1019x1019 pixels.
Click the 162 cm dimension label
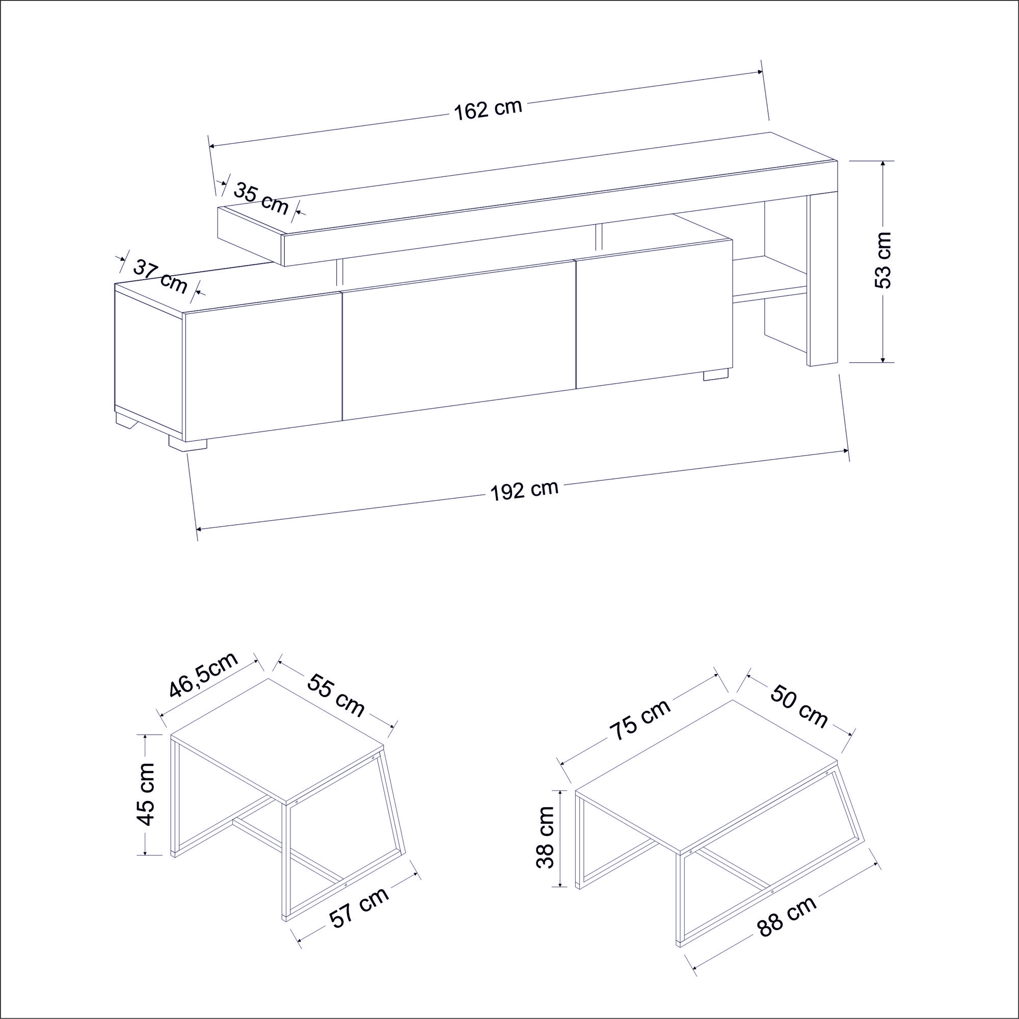pos(488,110)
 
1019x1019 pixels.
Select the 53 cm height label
pos(882,260)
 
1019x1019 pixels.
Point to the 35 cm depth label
pos(260,198)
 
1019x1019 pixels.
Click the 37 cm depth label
pos(160,276)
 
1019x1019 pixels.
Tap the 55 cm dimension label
pos(336,694)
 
